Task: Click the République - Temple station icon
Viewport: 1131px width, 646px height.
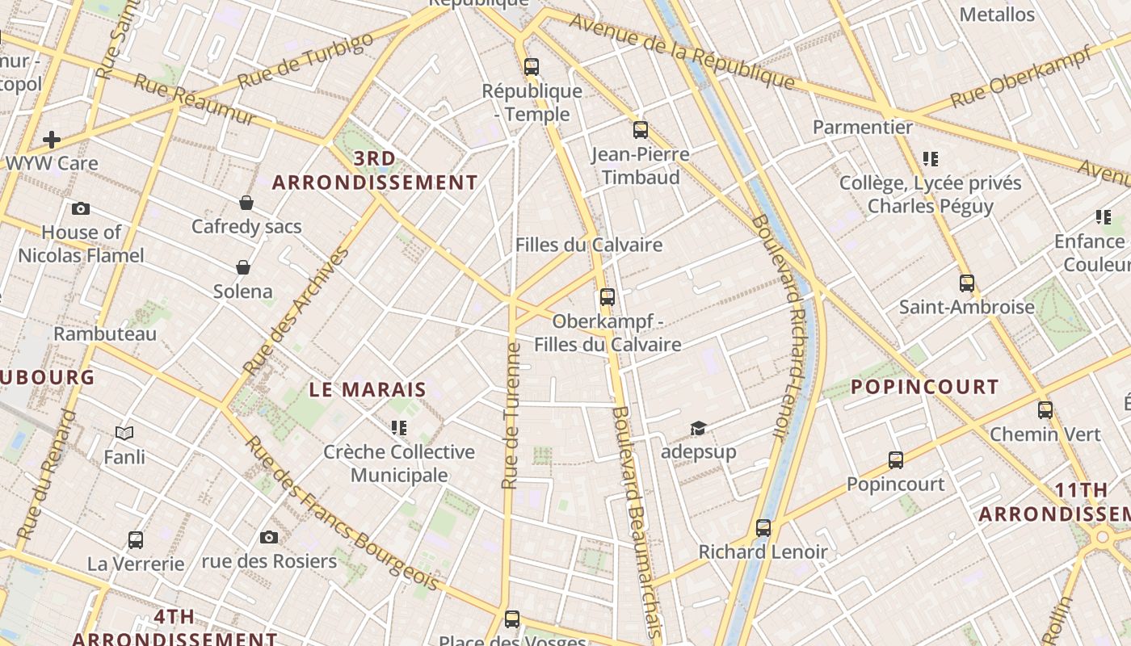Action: pyautogui.click(x=531, y=67)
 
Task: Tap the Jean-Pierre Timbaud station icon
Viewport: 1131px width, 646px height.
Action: pyautogui.click(x=640, y=129)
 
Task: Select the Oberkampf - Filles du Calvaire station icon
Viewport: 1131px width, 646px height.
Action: pyautogui.click(x=608, y=297)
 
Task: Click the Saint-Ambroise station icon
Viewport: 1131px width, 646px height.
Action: pyautogui.click(x=966, y=283)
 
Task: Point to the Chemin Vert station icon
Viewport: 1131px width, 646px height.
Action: pyautogui.click(x=1045, y=409)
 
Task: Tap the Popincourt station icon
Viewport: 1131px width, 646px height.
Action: pyautogui.click(x=895, y=460)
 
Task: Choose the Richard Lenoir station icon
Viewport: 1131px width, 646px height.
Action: pyautogui.click(x=763, y=528)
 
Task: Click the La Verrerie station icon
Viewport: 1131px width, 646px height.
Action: pyautogui.click(x=136, y=539)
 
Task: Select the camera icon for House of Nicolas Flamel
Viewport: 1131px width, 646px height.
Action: pyautogui.click(x=81, y=209)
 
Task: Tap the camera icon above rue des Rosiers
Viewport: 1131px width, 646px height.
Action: pyautogui.click(x=269, y=537)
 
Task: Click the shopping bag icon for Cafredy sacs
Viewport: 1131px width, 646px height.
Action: pyautogui.click(x=246, y=203)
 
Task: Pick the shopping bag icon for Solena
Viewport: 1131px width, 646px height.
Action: pyautogui.click(x=242, y=267)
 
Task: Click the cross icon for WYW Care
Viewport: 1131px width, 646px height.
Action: pyautogui.click(x=52, y=140)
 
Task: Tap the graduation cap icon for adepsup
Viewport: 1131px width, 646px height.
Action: pyautogui.click(x=698, y=428)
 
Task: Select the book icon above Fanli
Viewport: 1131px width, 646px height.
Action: pyautogui.click(x=124, y=434)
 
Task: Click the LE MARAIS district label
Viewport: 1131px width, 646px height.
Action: pyautogui.click(x=368, y=389)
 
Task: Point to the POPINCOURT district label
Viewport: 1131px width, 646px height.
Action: pyautogui.click(x=925, y=387)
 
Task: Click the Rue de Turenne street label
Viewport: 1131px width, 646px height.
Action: pyautogui.click(x=510, y=416)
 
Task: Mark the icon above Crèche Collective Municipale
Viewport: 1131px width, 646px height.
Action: pyautogui.click(x=398, y=427)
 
